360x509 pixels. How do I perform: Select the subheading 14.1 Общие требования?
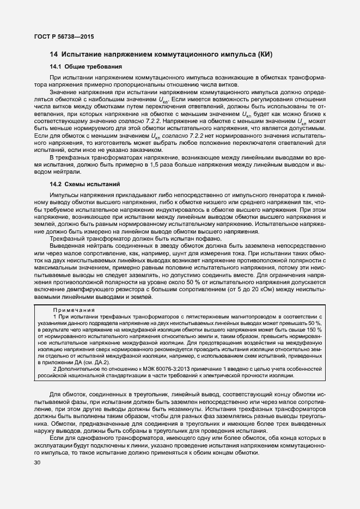[x=86, y=66]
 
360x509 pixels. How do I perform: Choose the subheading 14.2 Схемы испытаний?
[x=85, y=185]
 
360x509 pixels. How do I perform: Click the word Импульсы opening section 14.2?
[x=66, y=195]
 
